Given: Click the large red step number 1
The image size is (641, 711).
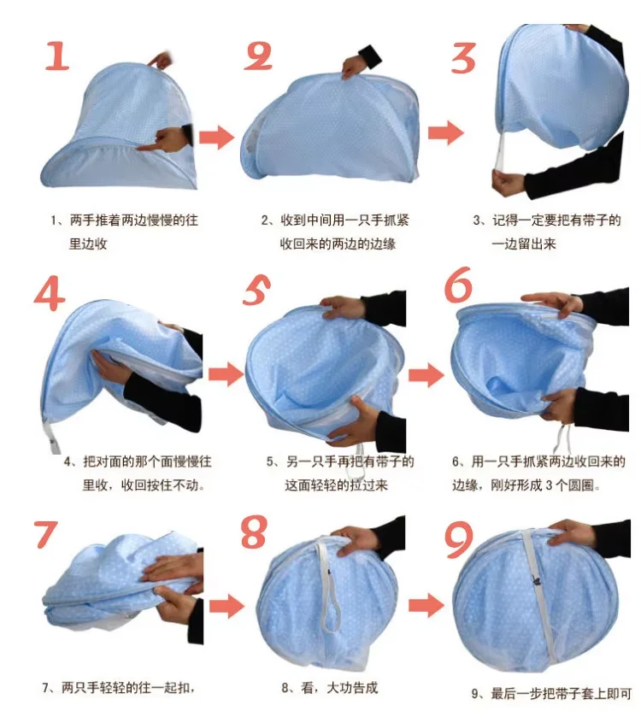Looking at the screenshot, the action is [57, 56].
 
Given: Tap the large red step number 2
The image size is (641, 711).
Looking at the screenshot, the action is [258, 56].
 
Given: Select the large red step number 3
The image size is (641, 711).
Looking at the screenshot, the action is [463, 57].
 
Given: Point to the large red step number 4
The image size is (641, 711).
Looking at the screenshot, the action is [50, 294].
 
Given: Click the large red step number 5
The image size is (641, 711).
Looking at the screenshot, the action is [256, 290].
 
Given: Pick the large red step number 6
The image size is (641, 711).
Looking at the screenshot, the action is [458, 285].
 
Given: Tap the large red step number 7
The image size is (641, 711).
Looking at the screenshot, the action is [45, 534].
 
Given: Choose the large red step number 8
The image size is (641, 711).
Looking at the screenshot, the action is [254, 532].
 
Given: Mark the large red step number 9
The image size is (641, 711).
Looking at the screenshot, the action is [459, 539].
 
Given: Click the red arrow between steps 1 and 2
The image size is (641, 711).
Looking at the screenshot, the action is [216, 137].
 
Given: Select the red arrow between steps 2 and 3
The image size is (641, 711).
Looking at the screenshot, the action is [446, 132].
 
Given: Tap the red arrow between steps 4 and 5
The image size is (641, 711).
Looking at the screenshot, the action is [226, 374].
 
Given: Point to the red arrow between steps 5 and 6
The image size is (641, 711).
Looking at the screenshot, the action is [426, 375].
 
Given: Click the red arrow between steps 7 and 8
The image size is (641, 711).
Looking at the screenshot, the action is [226, 606].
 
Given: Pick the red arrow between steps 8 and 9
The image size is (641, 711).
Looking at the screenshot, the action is [426, 605].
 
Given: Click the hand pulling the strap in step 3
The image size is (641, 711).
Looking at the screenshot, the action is [508, 182].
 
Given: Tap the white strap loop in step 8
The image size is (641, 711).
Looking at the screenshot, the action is [328, 585].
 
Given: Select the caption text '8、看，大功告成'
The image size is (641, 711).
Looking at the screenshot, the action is [330, 688].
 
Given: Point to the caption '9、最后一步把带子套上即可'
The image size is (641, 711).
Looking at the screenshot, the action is [551, 693].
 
